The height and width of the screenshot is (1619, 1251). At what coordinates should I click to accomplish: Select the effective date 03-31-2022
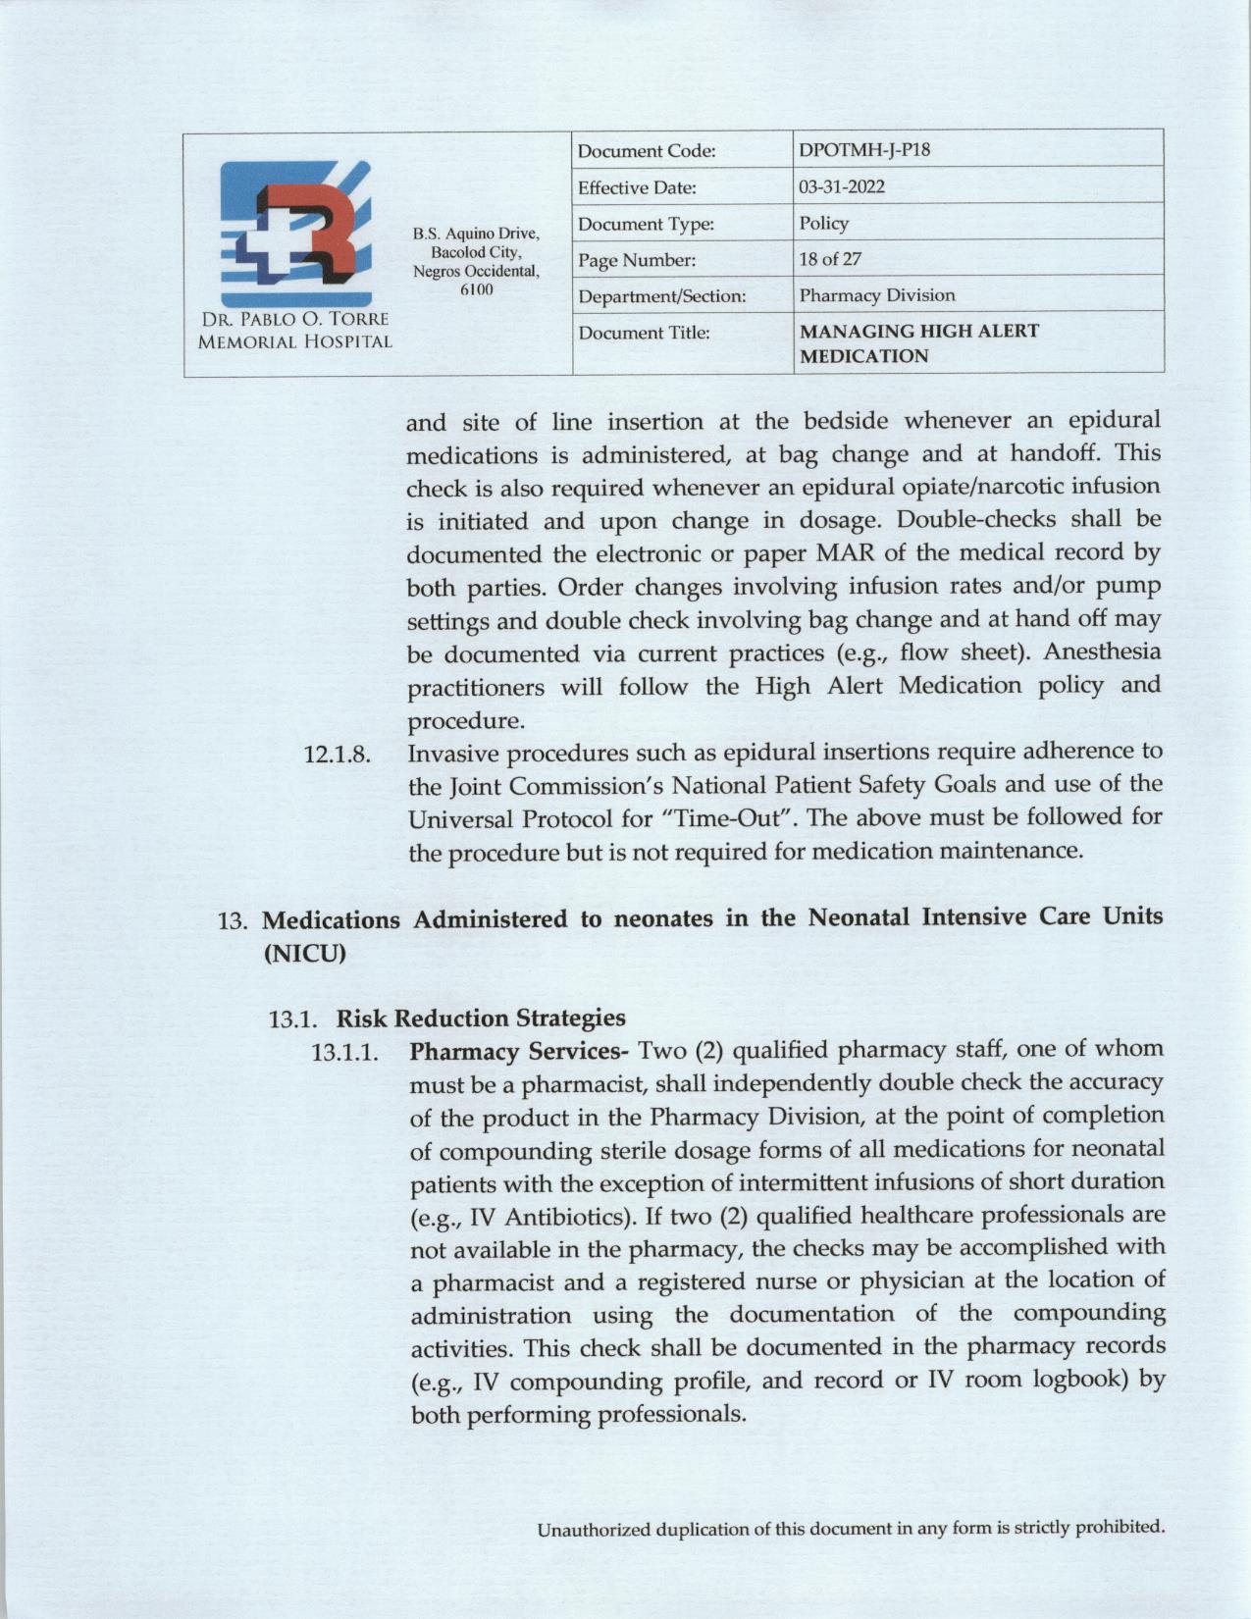tap(842, 186)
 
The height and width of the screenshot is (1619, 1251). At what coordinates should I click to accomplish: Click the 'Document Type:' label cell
tap(645, 224)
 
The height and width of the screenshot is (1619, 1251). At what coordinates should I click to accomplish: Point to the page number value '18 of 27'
tap(830, 259)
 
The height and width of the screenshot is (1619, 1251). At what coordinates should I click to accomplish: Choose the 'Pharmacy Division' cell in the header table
tap(876, 294)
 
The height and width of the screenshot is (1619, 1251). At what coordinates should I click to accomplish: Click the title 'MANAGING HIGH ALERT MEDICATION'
tap(918, 343)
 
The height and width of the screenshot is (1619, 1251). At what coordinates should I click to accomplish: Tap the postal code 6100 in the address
tap(476, 289)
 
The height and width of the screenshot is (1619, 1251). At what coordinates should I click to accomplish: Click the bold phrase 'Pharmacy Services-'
tap(518, 1052)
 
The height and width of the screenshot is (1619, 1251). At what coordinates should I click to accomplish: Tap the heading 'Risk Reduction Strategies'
tap(481, 1018)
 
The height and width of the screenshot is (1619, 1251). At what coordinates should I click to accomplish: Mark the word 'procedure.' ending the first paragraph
tap(465, 720)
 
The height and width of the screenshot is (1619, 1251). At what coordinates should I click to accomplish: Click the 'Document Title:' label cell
tap(644, 333)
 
